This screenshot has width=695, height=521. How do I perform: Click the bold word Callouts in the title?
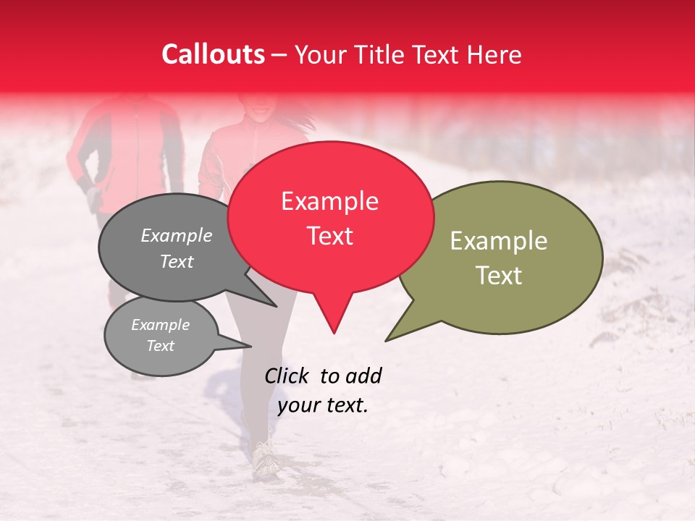[213, 54]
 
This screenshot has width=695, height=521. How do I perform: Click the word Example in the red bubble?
[329, 201]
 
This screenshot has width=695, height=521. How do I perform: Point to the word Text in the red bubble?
[329, 236]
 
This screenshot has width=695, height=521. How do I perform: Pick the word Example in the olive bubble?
[499, 241]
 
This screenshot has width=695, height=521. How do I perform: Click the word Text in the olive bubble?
[499, 276]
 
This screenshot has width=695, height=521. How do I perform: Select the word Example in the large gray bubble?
[177, 235]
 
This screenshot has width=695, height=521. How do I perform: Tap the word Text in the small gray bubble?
[161, 346]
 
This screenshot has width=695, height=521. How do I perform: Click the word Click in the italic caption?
[287, 376]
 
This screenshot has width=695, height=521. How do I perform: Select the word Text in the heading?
[442, 55]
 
